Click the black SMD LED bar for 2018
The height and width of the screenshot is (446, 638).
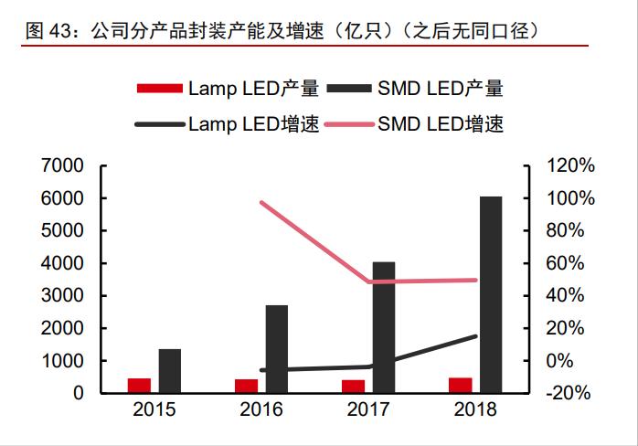pos(491,294)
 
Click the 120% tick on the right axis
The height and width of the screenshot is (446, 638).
pos(571,165)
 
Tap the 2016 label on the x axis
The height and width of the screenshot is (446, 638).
pos(261,409)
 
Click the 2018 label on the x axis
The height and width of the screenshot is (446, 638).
pos(475,409)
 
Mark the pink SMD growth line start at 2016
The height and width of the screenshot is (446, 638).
pos(262,202)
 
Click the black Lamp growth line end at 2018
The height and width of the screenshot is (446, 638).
pos(475,336)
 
